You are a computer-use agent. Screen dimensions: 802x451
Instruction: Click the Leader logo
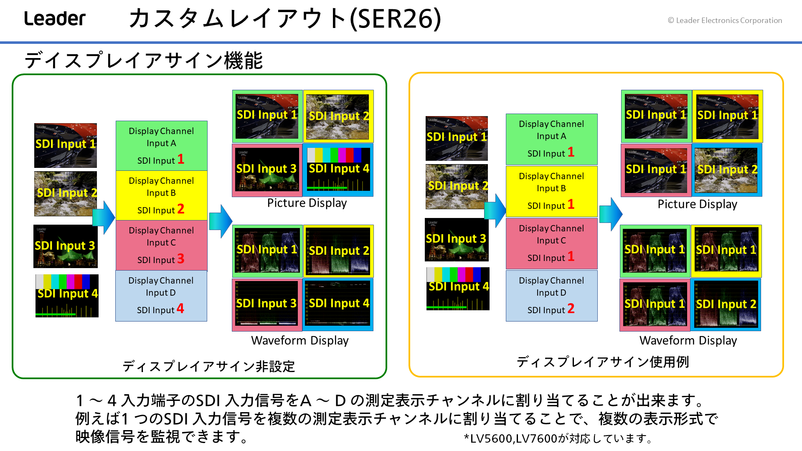pos(55,18)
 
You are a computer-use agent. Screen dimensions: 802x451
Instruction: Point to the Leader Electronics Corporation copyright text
pos(725,20)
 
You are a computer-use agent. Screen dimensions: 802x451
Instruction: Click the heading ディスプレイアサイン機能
pos(144,60)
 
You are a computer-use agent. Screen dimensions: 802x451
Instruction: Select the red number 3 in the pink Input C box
pos(180,258)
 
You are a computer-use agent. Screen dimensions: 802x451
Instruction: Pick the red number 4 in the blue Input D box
pos(180,308)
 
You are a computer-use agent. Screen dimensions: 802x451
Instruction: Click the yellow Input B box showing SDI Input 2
pos(161,195)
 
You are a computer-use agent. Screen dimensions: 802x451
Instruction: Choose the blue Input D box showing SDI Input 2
pos(551,296)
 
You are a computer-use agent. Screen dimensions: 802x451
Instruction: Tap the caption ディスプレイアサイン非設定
pos(209,366)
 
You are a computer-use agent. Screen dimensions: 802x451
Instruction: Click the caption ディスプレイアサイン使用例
pos(603,362)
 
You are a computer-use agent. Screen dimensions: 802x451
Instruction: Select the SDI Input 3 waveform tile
pos(267,304)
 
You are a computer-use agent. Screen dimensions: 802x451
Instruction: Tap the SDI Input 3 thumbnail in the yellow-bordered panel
pos(457,240)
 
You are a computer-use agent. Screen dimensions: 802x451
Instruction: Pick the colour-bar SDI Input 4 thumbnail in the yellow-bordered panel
pos(458,289)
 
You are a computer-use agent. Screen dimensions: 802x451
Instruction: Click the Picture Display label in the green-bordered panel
pos(307,203)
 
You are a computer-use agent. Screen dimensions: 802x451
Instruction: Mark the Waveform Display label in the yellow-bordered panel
pos(688,340)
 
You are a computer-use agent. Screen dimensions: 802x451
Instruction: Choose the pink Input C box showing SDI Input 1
pos(551,243)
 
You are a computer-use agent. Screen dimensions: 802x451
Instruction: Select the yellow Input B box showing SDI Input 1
pos(551,191)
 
